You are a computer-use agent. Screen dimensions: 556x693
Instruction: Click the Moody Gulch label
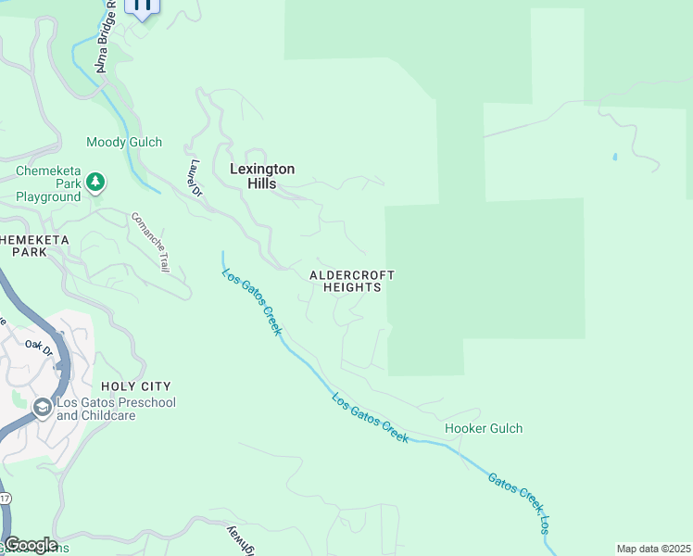(124, 142)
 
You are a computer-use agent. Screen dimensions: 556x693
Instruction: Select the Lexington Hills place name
(262, 176)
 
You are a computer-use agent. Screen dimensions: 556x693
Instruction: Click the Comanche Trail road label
(150, 242)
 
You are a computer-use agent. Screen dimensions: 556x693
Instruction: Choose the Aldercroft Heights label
(352, 282)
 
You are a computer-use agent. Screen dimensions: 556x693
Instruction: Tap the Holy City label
(137, 385)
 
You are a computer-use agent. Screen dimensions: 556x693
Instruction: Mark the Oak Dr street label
(40, 346)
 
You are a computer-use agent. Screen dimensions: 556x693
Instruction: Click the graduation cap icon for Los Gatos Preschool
(42, 408)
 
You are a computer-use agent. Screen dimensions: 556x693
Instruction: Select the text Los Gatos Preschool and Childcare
(116, 410)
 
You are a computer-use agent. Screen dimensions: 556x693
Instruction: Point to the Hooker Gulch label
(484, 428)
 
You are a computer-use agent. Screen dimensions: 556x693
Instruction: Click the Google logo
(30, 545)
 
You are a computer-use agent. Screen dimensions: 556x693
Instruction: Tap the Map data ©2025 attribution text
(653, 549)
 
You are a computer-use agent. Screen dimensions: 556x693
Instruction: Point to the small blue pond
(614, 157)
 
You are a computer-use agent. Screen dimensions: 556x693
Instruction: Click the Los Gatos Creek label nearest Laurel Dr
(251, 302)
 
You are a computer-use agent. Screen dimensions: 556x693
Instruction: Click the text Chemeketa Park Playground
(48, 183)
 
